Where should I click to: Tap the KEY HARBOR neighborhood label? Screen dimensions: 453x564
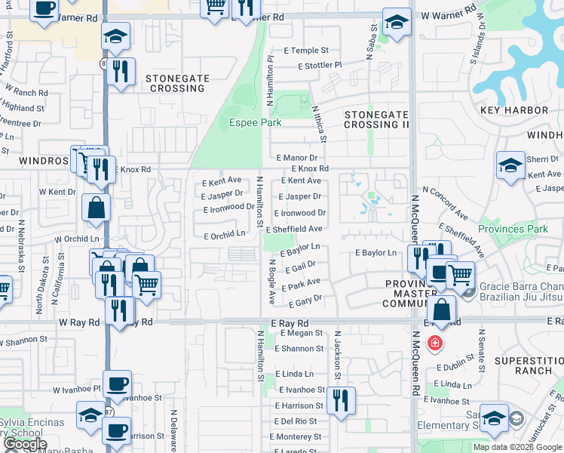(x=514, y=110)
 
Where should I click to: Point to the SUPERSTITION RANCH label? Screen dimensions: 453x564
(x=529, y=366)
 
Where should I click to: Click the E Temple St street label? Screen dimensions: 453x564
(x=306, y=51)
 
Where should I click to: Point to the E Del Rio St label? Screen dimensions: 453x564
(x=296, y=421)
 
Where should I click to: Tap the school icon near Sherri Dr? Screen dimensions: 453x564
(x=510, y=165)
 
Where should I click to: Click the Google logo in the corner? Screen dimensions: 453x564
(x=25, y=444)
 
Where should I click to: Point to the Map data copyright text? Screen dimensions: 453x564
(x=517, y=447)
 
